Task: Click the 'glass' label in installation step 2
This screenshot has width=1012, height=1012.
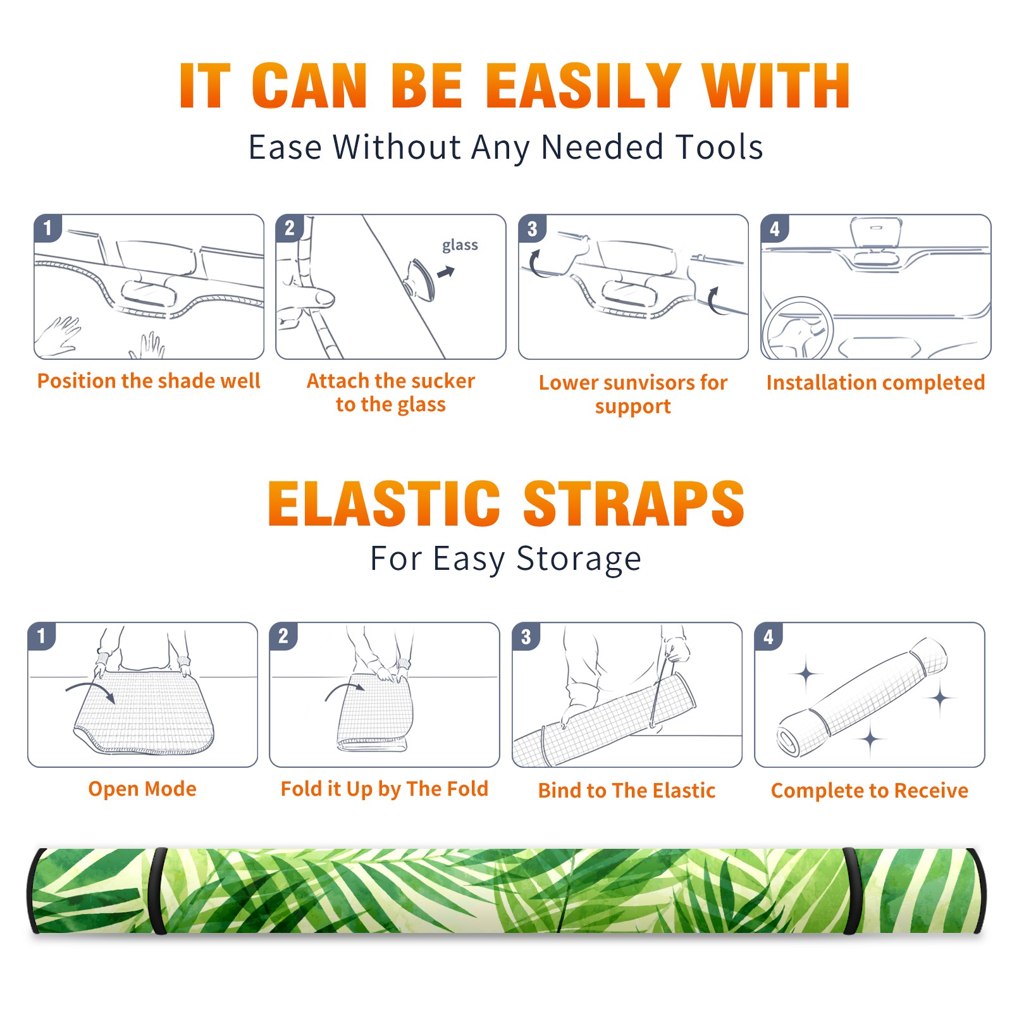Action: [460, 245]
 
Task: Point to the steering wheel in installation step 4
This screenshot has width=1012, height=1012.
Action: [798, 329]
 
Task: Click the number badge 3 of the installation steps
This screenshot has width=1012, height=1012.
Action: [532, 228]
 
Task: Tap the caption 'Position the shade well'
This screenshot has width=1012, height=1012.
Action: [149, 381]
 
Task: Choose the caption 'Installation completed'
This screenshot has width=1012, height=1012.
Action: [875, 382]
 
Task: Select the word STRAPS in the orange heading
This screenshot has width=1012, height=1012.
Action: [634, 503]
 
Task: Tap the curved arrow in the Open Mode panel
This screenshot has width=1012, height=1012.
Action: [90, 691]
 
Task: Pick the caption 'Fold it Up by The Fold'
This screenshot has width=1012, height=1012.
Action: [385, 789]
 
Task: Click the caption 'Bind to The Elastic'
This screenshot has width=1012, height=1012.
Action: [627, 790]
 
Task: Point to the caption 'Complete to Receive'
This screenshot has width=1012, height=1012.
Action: [870, 791]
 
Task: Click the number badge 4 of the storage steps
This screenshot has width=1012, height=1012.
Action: [768, 636]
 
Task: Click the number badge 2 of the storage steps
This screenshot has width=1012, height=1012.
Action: [283, 636]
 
